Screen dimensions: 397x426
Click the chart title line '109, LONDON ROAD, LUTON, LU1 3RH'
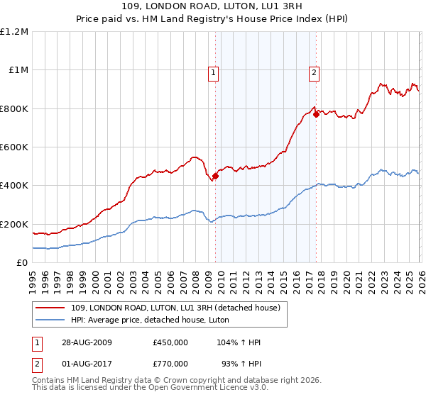213,8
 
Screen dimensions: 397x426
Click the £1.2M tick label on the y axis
14,32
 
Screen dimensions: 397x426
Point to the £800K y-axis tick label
14,108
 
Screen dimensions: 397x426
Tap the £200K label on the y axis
14,224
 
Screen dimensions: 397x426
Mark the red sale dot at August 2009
215,177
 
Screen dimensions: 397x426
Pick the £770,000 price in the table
170,363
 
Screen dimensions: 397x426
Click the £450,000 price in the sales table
170,342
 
